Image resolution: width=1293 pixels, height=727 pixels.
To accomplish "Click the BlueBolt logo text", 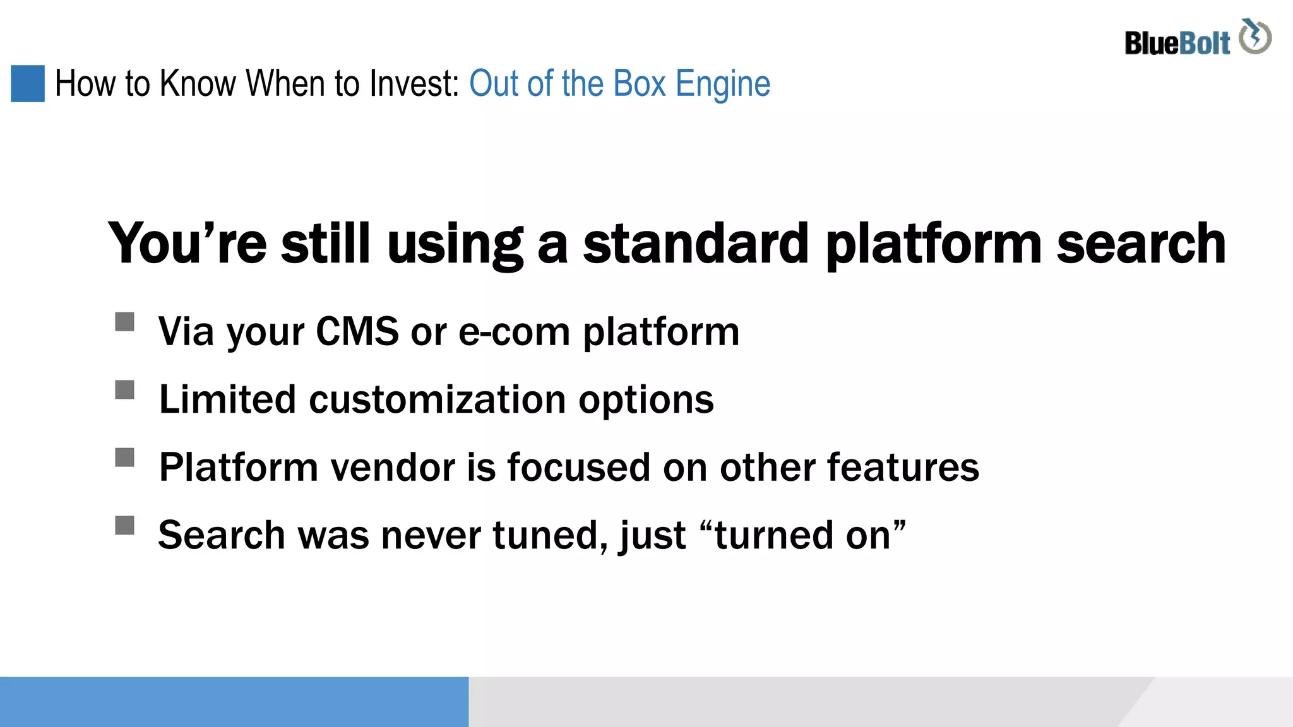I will (1177, 43).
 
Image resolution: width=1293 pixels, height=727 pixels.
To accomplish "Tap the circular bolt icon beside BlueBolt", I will (1255, 37).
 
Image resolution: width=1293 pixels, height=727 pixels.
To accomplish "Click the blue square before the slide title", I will (28, 83).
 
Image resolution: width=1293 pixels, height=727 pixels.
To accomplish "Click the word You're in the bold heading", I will (187, 244).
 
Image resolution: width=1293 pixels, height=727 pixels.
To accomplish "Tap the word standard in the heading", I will (695, 244).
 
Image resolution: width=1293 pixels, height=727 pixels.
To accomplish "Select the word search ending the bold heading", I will (1141, 244).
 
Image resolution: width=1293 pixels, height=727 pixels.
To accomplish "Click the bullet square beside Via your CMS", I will (125, 322).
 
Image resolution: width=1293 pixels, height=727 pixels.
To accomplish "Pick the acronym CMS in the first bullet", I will (357, 331).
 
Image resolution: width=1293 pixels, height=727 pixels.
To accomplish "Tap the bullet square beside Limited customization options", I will (125, 389).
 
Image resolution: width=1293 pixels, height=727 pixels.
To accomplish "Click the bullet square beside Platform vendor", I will (125, 457).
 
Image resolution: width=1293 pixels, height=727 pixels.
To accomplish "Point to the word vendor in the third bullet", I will (393, 468).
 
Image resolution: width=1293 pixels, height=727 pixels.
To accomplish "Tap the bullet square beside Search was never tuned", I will (125, 525).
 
